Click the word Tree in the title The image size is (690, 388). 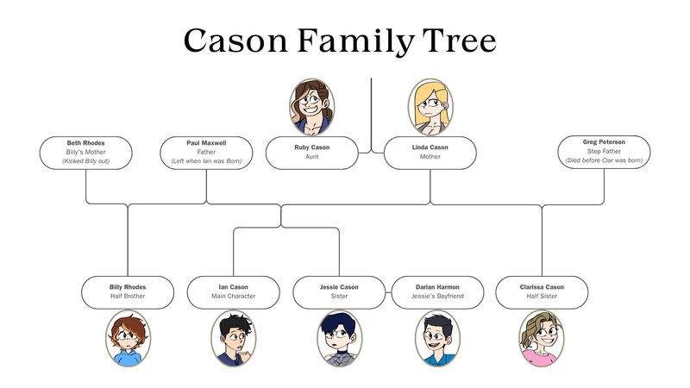click(x=459, y=41)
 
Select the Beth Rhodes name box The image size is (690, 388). click(x=85, y=153)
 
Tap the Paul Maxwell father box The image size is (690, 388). click(x=206, y=153)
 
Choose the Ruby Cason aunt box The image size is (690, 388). click(x=312, y=153)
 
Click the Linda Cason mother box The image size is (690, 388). click(x=430, y=153)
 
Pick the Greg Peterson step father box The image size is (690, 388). click(x=604, y=152)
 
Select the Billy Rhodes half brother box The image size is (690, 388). click(x=128, y=292)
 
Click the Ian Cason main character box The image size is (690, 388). click(x=233, y=292)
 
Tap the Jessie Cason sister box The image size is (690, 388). click(x=339, y=292)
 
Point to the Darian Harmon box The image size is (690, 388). click(x=437, y=292)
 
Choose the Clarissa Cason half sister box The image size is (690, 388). click(x=542, y=292)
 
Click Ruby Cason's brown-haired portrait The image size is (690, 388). click(x=311, y=107)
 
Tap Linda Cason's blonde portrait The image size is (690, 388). click(x=430, y=107)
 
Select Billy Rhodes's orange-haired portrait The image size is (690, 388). click(x=128, y=339)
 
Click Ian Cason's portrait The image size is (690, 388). click(x=233, y=339)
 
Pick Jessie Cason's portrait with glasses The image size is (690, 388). click(x=339, y=339)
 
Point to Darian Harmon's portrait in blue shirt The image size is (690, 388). click(x=437, y=339)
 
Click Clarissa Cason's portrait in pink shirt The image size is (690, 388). click(x=542, y=339)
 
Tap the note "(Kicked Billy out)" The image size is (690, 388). click(x=85, y=161)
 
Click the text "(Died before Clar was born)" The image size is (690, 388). click(x=604, y=160)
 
